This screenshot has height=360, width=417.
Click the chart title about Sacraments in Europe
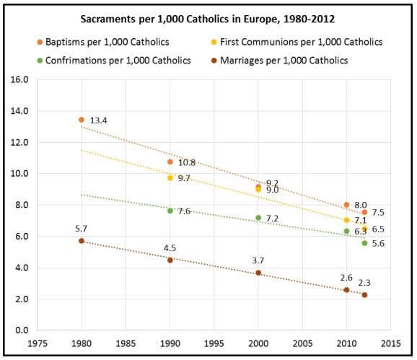tap(208, 19)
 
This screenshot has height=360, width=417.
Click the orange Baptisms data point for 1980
tap(82, 120)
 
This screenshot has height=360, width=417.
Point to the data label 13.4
tap(100, 120)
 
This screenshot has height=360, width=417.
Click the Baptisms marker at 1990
tap(170, 162)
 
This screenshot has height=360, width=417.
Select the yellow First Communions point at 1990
tap(170, 177)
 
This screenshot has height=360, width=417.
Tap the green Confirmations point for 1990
tap(170, 211)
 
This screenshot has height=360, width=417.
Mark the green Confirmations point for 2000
tap(258, 217)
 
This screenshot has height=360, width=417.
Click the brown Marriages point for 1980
tap(82, 241)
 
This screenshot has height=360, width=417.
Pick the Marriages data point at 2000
tap(258, 273)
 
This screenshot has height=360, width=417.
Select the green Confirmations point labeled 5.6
tap(364, 243)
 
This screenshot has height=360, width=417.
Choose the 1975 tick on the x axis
tap(38, 343)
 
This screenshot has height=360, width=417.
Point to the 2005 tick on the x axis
tap(302, 343)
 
